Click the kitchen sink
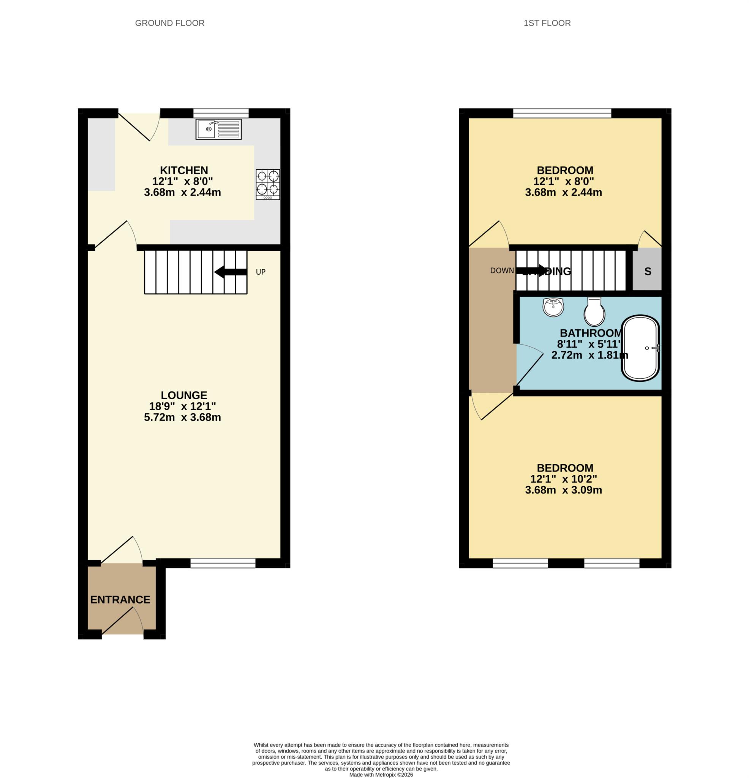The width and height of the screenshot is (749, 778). [218, 129]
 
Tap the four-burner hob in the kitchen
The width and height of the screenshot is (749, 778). [267, 184]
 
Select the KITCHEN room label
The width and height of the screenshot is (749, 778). [184, 170]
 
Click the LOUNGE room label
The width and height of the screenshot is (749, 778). [184, 395]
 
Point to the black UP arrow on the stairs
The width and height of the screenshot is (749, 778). [231, 272]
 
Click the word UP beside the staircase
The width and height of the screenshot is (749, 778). [261, 272]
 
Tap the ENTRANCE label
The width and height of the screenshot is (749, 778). [120, 599]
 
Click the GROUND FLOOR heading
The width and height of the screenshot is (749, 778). [169, 23]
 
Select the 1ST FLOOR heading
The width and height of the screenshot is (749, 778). [547, 23]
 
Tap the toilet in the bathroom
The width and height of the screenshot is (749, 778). [594, 312]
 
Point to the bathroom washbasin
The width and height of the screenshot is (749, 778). [553, 307]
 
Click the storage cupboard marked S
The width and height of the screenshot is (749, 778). [647, 272]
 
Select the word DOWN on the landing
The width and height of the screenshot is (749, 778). [502, 271]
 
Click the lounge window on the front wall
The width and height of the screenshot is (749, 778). [223, 563]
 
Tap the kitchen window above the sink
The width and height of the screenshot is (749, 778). [221, 113]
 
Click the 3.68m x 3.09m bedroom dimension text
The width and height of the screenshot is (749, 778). [563, 490]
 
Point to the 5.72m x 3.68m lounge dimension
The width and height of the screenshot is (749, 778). [182, 417]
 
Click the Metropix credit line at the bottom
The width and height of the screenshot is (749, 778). [381, 775]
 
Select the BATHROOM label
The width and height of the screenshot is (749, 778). [590, 333]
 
